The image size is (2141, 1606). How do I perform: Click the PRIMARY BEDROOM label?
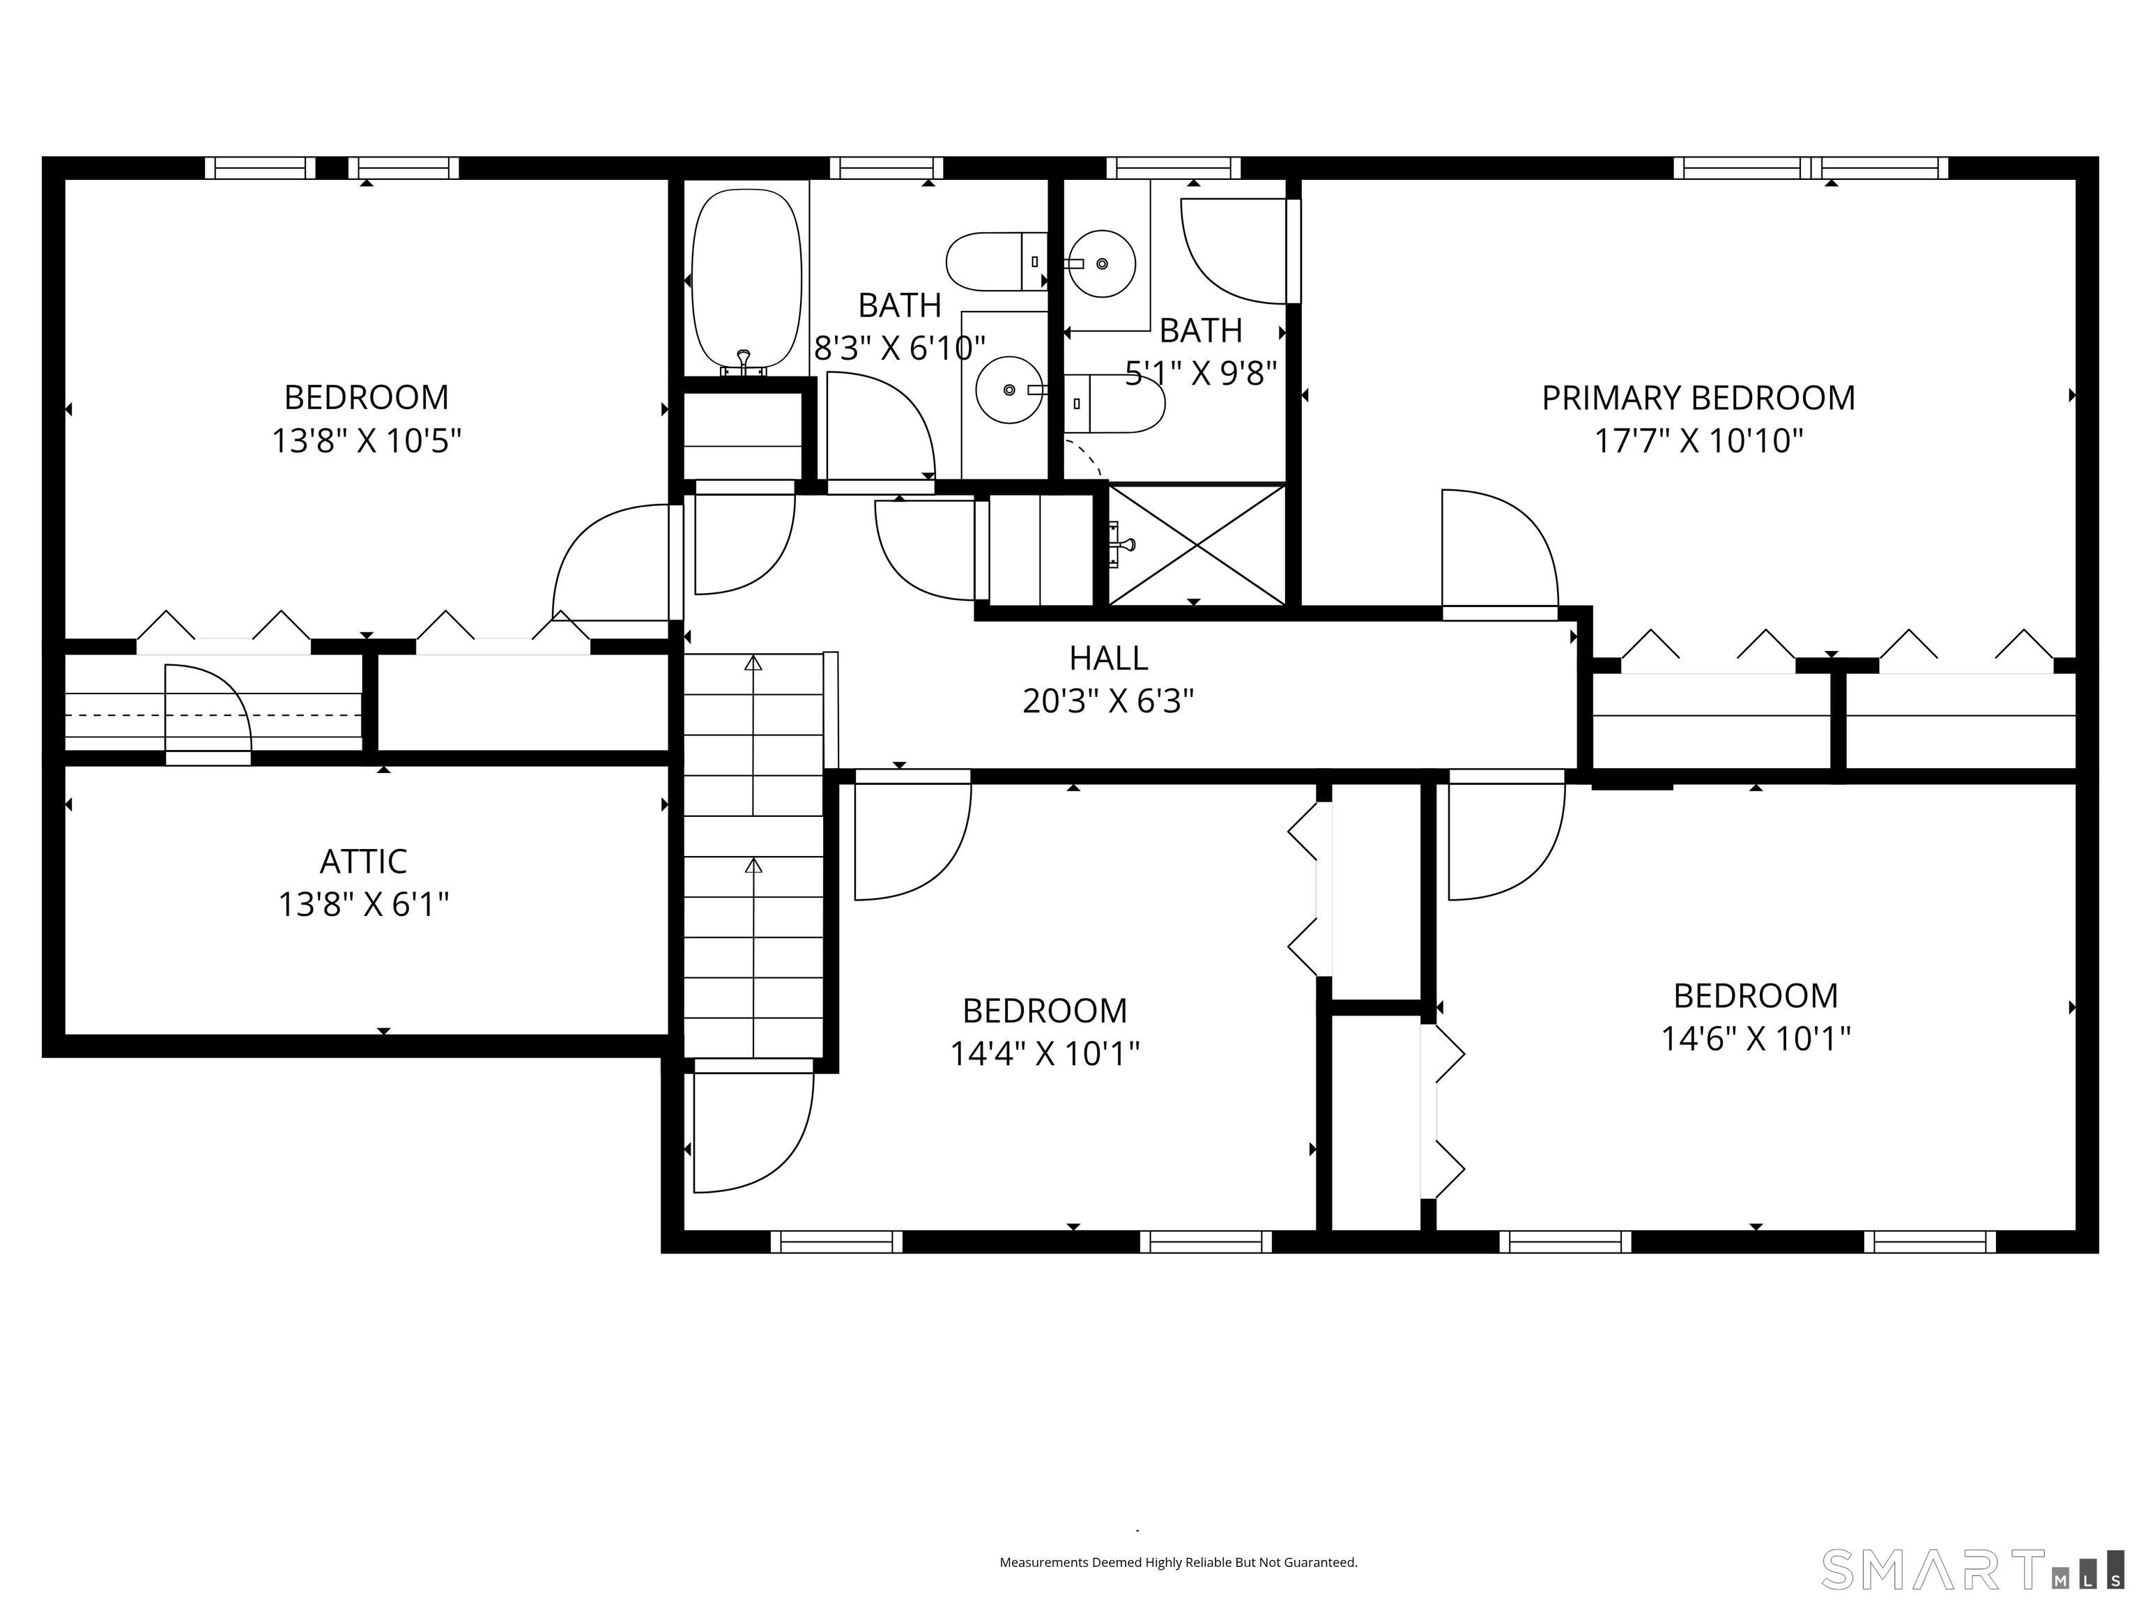pyautogui.click(x=1698, y=398)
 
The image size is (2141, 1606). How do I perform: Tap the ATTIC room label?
pyautogui.click(x=363, y=861)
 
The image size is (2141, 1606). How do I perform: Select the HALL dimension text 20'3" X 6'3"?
pyautogui.click(x=1108, y=701)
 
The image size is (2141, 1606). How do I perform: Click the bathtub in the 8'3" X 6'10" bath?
pyautogui.click(x=746, y=279)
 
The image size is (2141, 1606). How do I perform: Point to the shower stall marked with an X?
pyautogui.click(x=1197, y=545)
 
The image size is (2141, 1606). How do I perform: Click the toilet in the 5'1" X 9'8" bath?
pyautogui.click(x=1113, y=404)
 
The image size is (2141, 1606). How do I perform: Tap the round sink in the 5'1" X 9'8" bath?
pyautogui.click(x=1101, y=263)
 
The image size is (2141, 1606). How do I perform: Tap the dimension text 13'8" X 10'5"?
pyautogui.click(x=366, y=441)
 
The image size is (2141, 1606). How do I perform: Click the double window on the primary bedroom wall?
pyautogui.click(x=1810, y=167)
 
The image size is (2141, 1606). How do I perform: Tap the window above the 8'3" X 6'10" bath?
pyautogui.click(x=886, y=167)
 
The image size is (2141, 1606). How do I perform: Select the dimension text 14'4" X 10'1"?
pyautogui.click(x=1045, y=1053)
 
